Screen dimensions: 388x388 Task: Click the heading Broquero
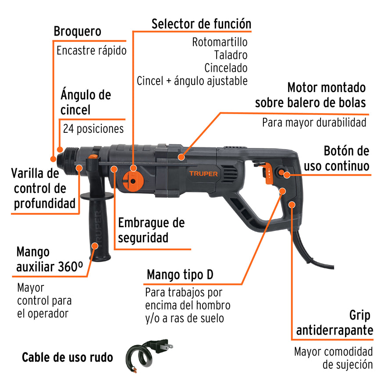pos(77,32)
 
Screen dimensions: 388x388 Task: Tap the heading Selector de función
pos(201,24)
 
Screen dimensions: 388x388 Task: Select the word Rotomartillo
pos(220,43)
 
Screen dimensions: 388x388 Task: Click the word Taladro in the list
pos(231,55)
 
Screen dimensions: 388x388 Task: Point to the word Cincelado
pos(226,68)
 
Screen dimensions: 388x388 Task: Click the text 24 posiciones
pos(93,129)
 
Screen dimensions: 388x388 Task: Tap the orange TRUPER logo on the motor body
pos(203,174)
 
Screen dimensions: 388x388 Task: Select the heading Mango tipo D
pos(180,275)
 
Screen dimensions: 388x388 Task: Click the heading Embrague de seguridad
pos(151,230)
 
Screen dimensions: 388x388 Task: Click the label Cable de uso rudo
pos(67,357)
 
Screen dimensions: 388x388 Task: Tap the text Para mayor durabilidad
pos(314,122)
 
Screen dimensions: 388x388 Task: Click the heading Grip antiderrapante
pos(335,323)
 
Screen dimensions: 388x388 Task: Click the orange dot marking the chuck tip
pos(53,159)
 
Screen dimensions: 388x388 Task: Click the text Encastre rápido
pos(91,50)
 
